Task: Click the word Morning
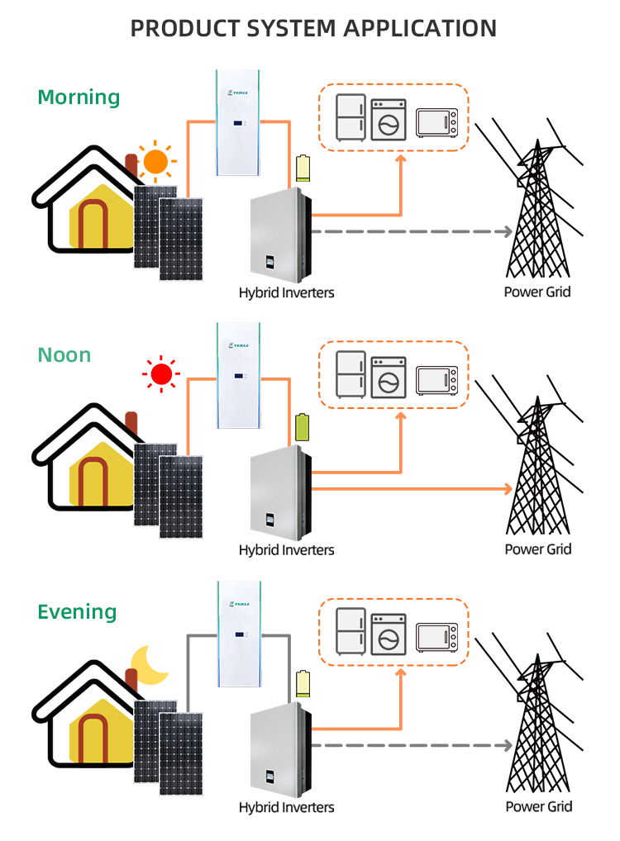[79, 97]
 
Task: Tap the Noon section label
[64, 355]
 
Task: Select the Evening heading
[77, 612]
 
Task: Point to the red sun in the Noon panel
[161, 375]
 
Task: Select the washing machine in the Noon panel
[388, 377]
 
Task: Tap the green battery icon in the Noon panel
[303, 426]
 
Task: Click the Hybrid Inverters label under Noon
[286, 549]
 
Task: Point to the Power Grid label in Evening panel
[538, 806]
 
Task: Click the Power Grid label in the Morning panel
[537, 292]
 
